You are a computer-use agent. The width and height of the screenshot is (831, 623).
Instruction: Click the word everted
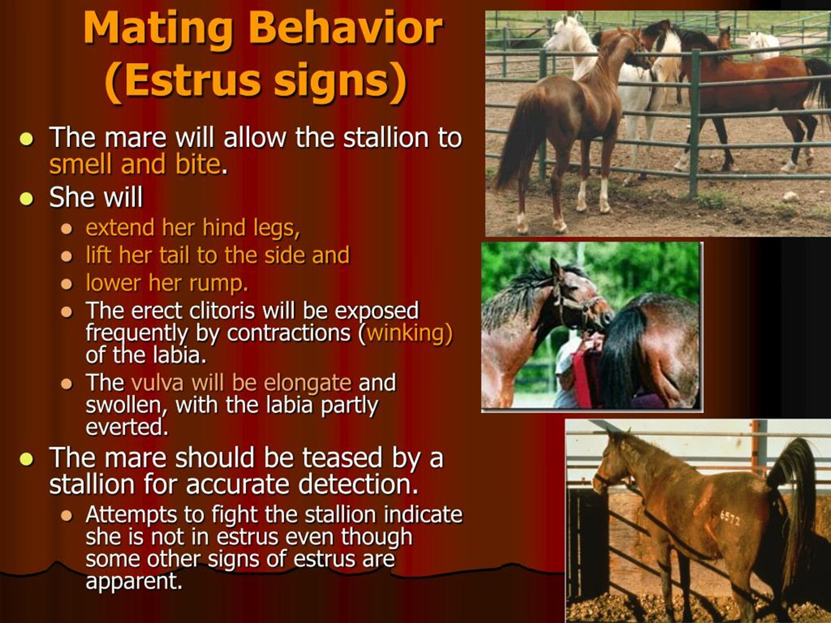click(127, 427)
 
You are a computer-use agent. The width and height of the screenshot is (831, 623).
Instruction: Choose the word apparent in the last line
click(134, 582)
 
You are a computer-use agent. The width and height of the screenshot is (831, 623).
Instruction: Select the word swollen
click(127, 405)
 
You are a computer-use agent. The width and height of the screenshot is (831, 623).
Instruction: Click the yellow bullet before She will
click(26, 199)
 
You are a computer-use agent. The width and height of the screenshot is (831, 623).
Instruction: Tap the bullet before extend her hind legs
click(67, 228)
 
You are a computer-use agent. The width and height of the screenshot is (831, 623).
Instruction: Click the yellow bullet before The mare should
click(26, 459)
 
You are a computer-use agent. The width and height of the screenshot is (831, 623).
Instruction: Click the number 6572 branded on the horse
click(729, 518)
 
